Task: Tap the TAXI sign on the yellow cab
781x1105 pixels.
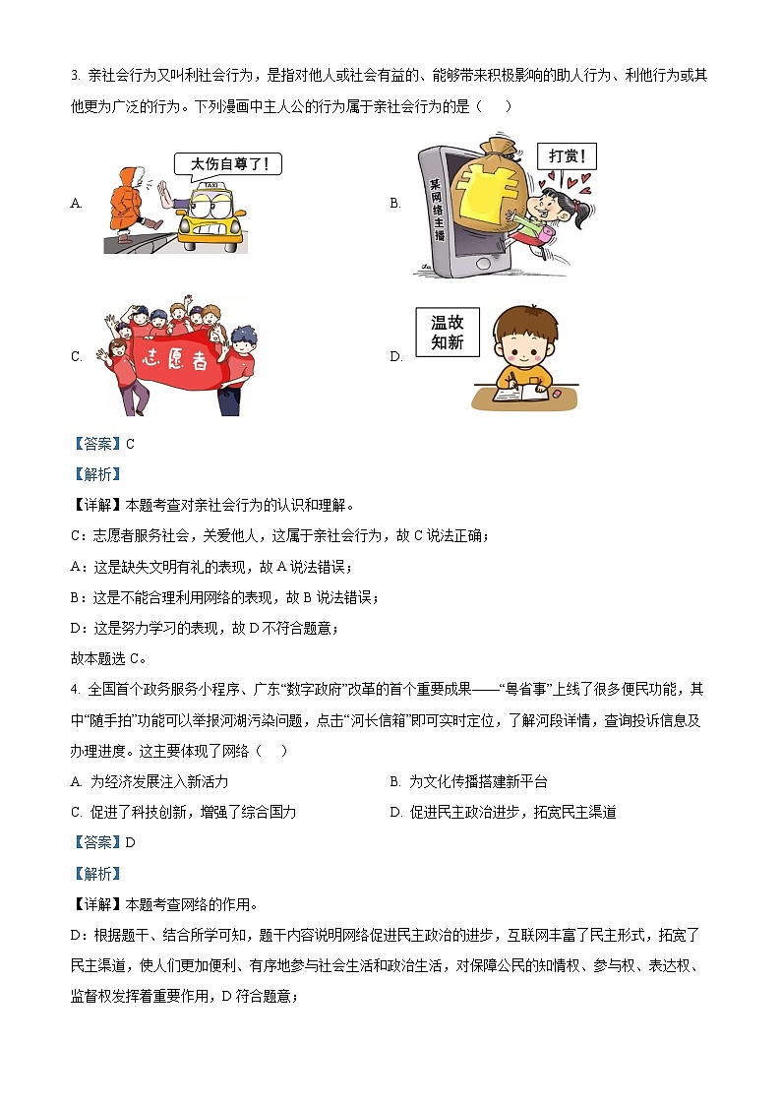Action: click(x=210, y=186)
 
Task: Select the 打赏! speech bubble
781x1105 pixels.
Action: click(x=567, y=156)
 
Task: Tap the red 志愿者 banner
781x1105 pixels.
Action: click(x=170, y=357)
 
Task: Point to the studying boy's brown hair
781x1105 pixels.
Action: click(x=523, y=325)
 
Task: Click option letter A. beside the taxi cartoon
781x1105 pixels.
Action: click(x=77, y=204)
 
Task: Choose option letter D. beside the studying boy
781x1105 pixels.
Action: click(x=396, y=357)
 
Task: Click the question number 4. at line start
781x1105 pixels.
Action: click(x=76, y=689)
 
